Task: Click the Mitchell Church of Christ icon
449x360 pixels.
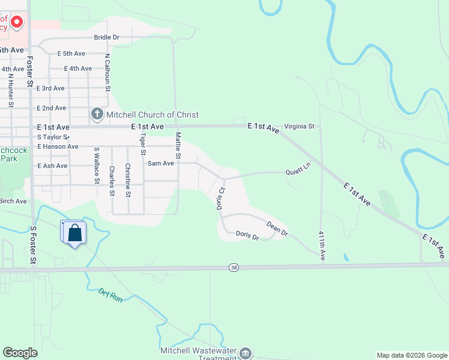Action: click(97, 114)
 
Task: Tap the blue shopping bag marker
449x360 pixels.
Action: click(74, 233)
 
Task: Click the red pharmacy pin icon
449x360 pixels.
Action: click(17, 23)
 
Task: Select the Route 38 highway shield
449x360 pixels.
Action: click(234, 267)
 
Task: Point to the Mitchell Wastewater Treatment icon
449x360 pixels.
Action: click(246, 353)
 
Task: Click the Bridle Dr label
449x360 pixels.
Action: click(107, 37)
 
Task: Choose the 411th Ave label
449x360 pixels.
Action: click(322, 246)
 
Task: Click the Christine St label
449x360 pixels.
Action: click(127, 180)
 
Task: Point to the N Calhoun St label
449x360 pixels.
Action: click(107, 73)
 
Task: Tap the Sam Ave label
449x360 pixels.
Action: click(161, 163)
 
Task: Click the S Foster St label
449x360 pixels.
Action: click(33, 245)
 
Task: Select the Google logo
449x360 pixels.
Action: click(20, 353)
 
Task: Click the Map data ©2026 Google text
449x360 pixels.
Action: click(412, 355)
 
